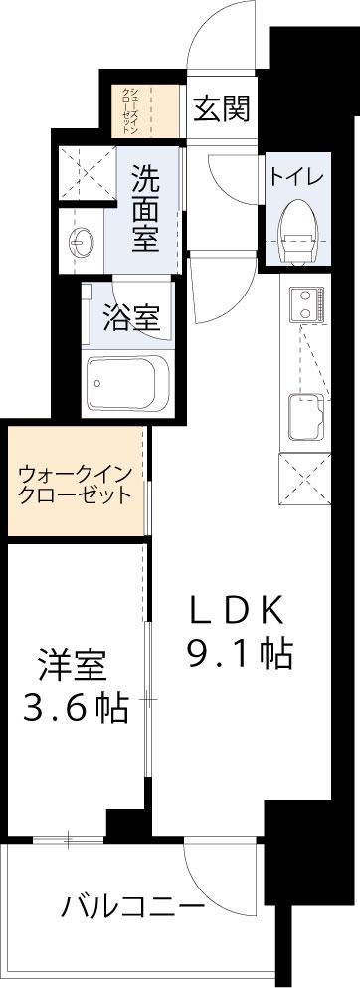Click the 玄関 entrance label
[221, 109]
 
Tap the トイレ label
[297, 177]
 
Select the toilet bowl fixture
[297, 234]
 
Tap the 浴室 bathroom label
[130, 317]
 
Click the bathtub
[121, 382]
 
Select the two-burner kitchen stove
[306, 305]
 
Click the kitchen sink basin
[307, 416]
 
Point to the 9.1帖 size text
[239, 654]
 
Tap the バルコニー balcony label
[133, 907]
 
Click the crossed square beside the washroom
[88, 174]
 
